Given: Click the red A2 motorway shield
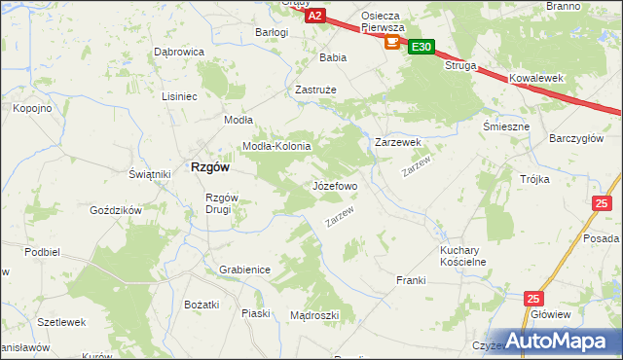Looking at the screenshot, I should (314, 16).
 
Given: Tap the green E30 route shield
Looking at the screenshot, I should (421, 46).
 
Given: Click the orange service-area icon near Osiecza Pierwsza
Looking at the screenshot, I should (392, 42).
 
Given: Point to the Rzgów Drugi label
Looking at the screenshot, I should (217, 203).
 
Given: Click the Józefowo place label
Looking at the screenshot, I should (335, 185).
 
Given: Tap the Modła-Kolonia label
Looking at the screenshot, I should (275, 146).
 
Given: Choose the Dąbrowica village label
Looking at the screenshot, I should (178, 52).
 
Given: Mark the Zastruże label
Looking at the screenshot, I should (315, 90).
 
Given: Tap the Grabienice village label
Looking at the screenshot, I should (244, 270).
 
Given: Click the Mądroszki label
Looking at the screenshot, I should (314, 315).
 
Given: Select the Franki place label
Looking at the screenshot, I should (411, 280).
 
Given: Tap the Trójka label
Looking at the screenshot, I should (534, 179).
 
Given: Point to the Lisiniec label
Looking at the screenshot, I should (180, 96).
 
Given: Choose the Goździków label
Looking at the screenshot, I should (116, 210).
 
